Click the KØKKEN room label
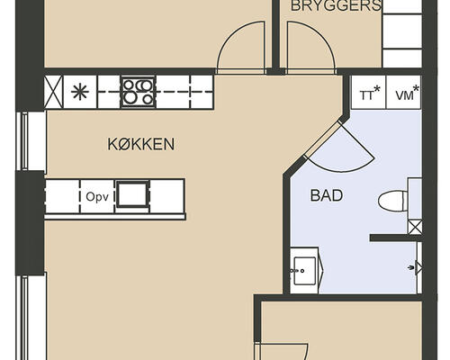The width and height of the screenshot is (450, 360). (x=140, y=144)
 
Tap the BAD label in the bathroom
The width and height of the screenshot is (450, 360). (x=326, y=195)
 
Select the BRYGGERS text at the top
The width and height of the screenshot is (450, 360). (x=336, y=6)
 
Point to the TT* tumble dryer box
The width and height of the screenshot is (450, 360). (x=368, y=93)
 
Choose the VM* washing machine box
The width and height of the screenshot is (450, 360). (x=406, y=93)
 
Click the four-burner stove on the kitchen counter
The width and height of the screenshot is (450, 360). (x=138, y=91)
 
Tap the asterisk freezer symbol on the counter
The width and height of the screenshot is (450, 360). (x=80, y=91)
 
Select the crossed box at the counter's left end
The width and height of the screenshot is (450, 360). (x=52, y=91)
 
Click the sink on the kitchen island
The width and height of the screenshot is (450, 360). (x=132, y=194)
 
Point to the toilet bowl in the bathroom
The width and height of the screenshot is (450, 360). (x=392, y=201)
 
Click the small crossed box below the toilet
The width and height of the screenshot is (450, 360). (x=414, y=227)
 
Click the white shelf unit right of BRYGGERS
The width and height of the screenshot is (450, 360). (x=400, y=36)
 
